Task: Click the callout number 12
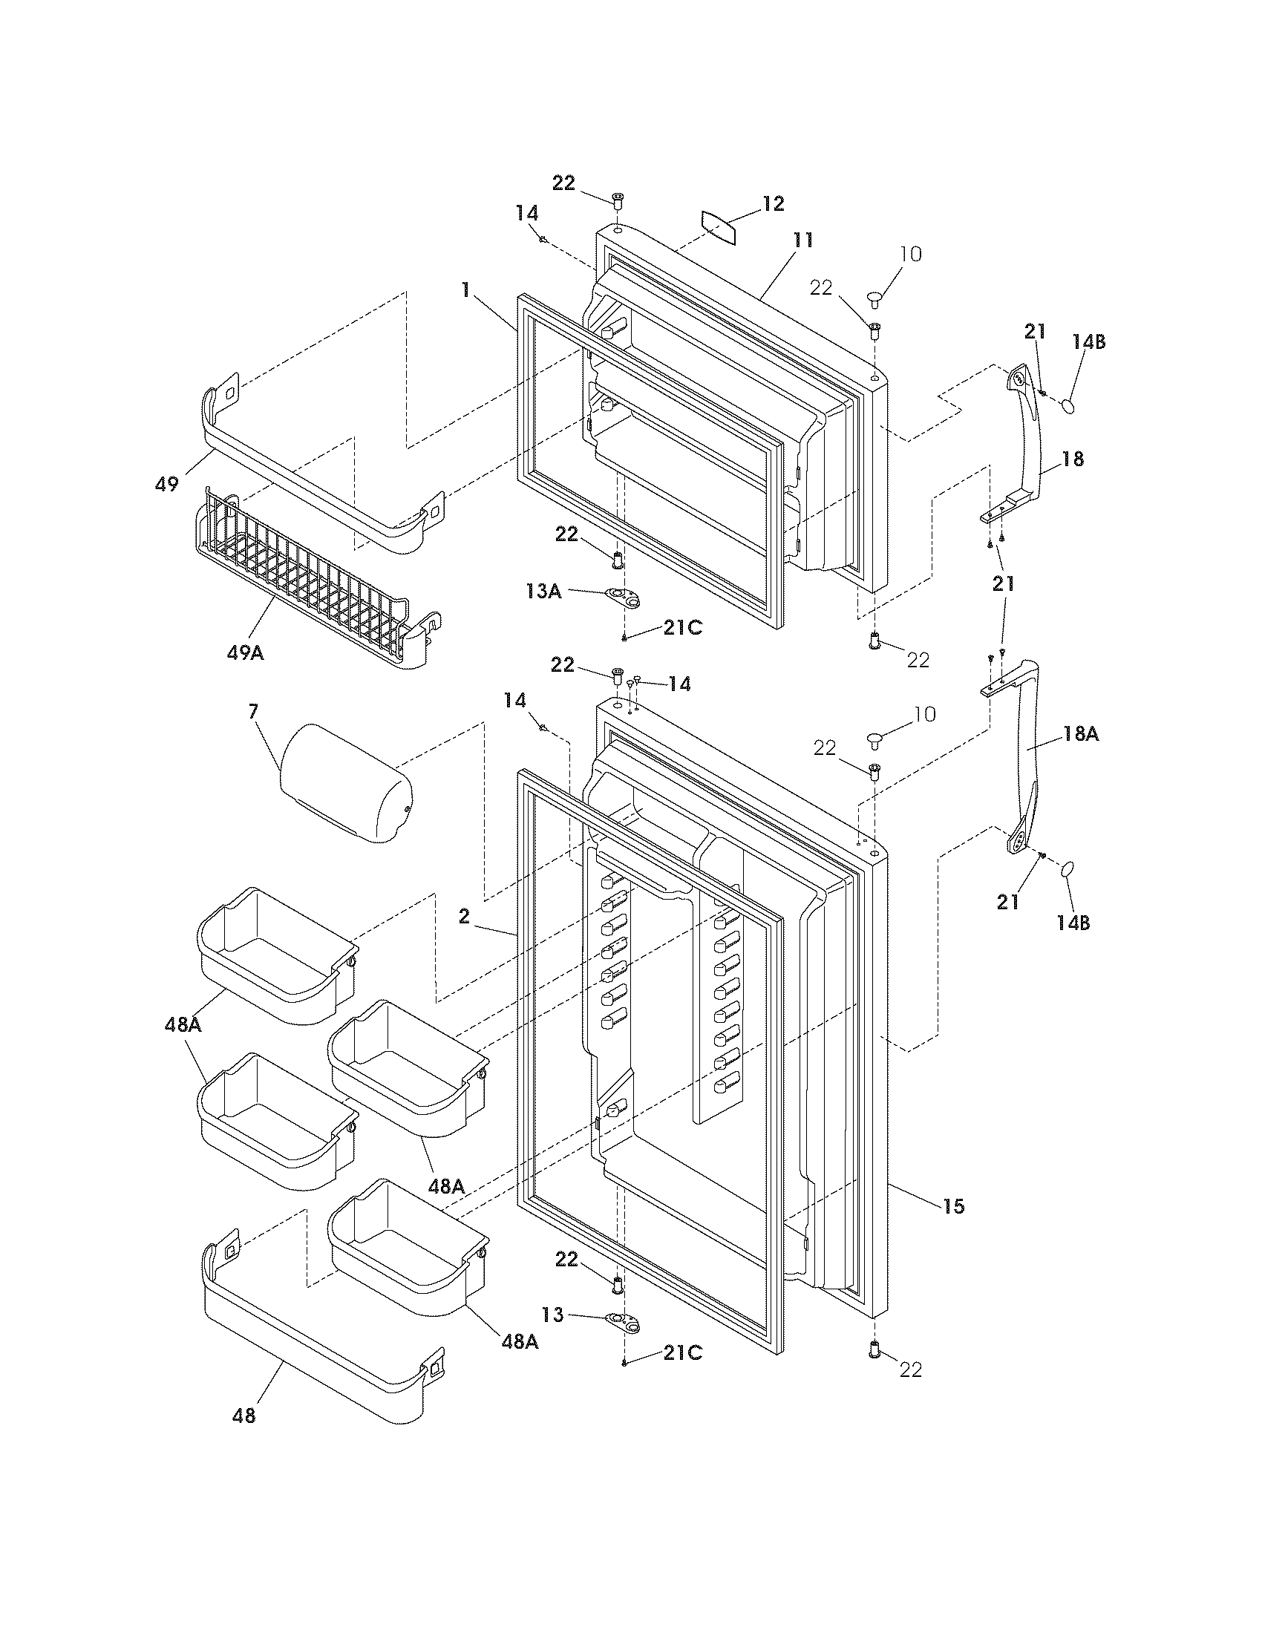tap(773, 203)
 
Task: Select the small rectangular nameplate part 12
tap(719, 227)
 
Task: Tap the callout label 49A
tap(245, 652)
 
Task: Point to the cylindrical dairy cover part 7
tap(346, 783)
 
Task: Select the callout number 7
tap(253, 711)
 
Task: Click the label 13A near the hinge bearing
tap(543, 592)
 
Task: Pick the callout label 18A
tap(1080, 734)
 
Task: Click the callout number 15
tap(954, 1206)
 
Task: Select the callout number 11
tap(803, 240)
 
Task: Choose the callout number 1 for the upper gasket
tap(465, 289)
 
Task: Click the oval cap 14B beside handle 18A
tap(1068, 869)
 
